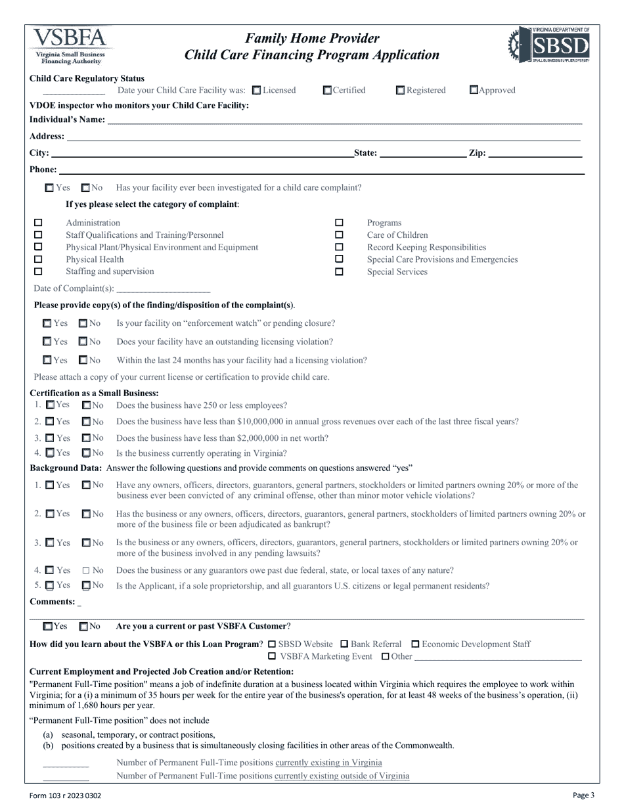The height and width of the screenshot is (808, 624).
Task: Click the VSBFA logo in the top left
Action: [68, 45]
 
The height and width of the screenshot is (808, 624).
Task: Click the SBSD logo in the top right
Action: [549, 45]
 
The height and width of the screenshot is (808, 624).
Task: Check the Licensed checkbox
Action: [257, 91]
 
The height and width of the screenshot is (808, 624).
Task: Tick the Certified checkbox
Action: [327, 91]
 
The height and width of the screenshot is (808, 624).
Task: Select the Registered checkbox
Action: [400, 91]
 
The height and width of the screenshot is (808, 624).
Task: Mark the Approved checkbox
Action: [474, 91]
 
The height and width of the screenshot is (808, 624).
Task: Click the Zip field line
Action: [535, 156]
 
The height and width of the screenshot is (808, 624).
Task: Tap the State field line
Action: [422, 156]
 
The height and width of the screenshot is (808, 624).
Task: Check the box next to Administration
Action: [38, 223]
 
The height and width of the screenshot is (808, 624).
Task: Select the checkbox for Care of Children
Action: [339, 235]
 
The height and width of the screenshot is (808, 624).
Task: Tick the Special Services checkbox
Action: [339, 272]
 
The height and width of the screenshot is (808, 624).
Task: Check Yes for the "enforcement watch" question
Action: [47, 324]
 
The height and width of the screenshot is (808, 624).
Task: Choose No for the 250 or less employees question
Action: [86, 405]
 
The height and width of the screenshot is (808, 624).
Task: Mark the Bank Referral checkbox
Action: [344, 644]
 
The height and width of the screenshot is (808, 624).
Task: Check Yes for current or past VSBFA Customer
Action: [47, 627]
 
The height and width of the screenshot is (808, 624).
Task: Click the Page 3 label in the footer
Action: [583, 796]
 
